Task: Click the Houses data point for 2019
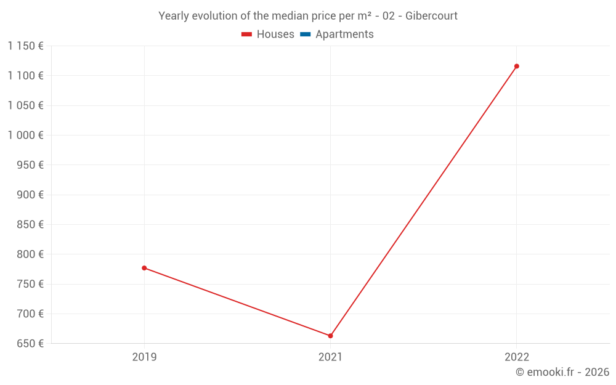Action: click(144, 268)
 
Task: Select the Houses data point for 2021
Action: click(330, 336)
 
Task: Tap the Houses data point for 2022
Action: click(516, 66)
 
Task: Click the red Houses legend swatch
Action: click(246, 34)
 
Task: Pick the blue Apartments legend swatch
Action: click(305, 34)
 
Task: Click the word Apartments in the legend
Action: click(344, 34)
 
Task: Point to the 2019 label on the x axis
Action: click(144, 357)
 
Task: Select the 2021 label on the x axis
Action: click(330, 357)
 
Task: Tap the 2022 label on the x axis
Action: click(516, 357)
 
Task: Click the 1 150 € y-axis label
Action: click(25, 46)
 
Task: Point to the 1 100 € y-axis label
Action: click(25, 76)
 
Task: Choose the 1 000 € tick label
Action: click(25, 136)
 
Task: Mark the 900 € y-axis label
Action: click(30, 195)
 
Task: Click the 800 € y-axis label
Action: click(30, 254)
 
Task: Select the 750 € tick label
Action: click(30, 284)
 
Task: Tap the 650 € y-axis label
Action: click(30, 344)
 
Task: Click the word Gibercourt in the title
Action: click(431, 16)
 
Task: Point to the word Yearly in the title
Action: click(174, 16)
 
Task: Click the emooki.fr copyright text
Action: click(562, 372)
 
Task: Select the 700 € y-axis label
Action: click(30, 314)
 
